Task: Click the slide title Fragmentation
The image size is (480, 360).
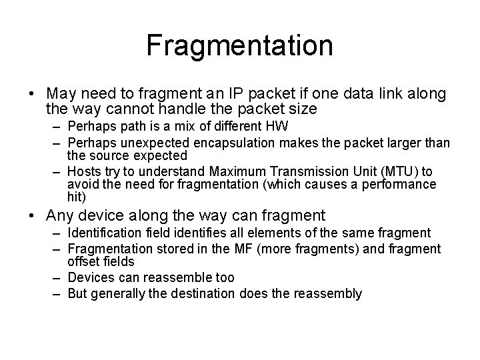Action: pyautogui.click(x=240, y=46)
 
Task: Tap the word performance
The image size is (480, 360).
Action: pyautogui.click(x=400, y=183)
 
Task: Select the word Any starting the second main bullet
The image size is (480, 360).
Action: pyautogui.click(x=61, y=215)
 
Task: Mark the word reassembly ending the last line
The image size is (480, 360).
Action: pyautogui.click(x=328, y=293)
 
